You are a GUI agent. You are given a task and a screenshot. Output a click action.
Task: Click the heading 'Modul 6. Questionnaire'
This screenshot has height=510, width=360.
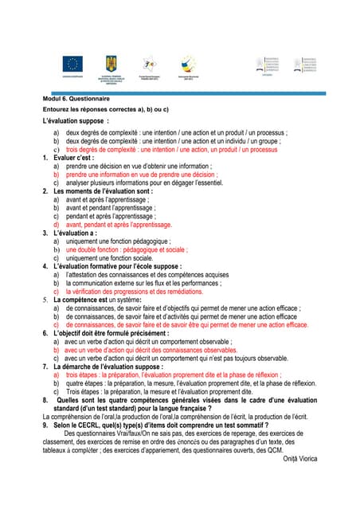pos(74,99)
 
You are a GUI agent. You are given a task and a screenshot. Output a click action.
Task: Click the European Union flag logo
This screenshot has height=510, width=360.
pos(75,64)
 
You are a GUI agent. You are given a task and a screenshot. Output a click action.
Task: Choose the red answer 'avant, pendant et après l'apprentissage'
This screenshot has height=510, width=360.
pos(119,224)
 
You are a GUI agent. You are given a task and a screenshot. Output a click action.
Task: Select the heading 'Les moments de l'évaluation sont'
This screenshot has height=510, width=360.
pos(103,191)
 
